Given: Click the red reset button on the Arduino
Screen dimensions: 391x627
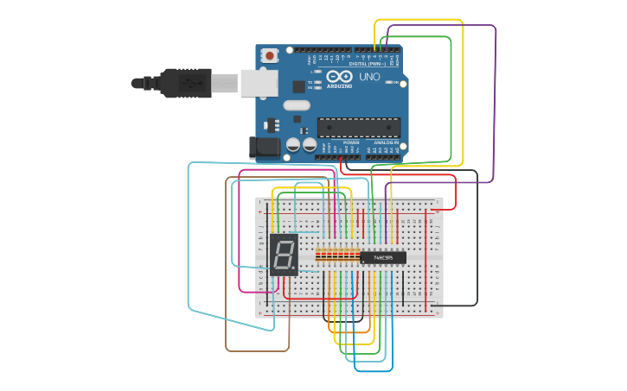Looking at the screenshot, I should click(270, 56).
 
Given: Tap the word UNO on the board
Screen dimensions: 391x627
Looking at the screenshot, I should click(369, 77).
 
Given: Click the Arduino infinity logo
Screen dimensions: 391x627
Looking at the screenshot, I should click(340, 77).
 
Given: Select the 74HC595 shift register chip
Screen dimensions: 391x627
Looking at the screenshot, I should click(382, 257).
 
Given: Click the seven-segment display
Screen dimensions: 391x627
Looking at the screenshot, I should click(284, 254).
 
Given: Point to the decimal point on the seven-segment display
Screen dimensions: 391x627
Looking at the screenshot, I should click(294, 268).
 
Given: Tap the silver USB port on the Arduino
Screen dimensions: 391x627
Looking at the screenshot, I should click(259, 83).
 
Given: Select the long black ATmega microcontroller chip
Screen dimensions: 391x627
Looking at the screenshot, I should click(358, 128).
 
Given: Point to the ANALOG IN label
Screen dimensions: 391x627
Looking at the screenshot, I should click(386, 142).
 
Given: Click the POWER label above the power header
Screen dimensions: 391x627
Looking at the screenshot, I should click(338, 142).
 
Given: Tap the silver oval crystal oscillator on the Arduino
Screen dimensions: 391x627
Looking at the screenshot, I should click(296, 106).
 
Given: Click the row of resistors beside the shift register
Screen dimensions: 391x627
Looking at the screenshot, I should click(337, 255).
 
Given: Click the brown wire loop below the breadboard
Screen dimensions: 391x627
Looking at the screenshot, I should click(258, 350).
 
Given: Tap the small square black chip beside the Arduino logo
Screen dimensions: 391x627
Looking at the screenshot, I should click(299, 86).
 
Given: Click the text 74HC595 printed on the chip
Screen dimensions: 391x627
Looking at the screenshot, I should click(382, 257).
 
